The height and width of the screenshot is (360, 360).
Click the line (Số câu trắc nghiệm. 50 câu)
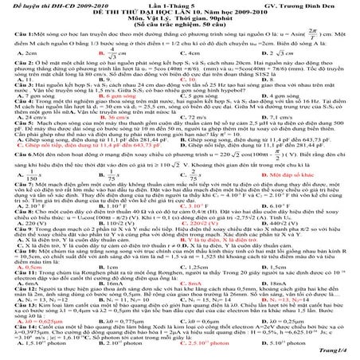pos(179,28)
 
